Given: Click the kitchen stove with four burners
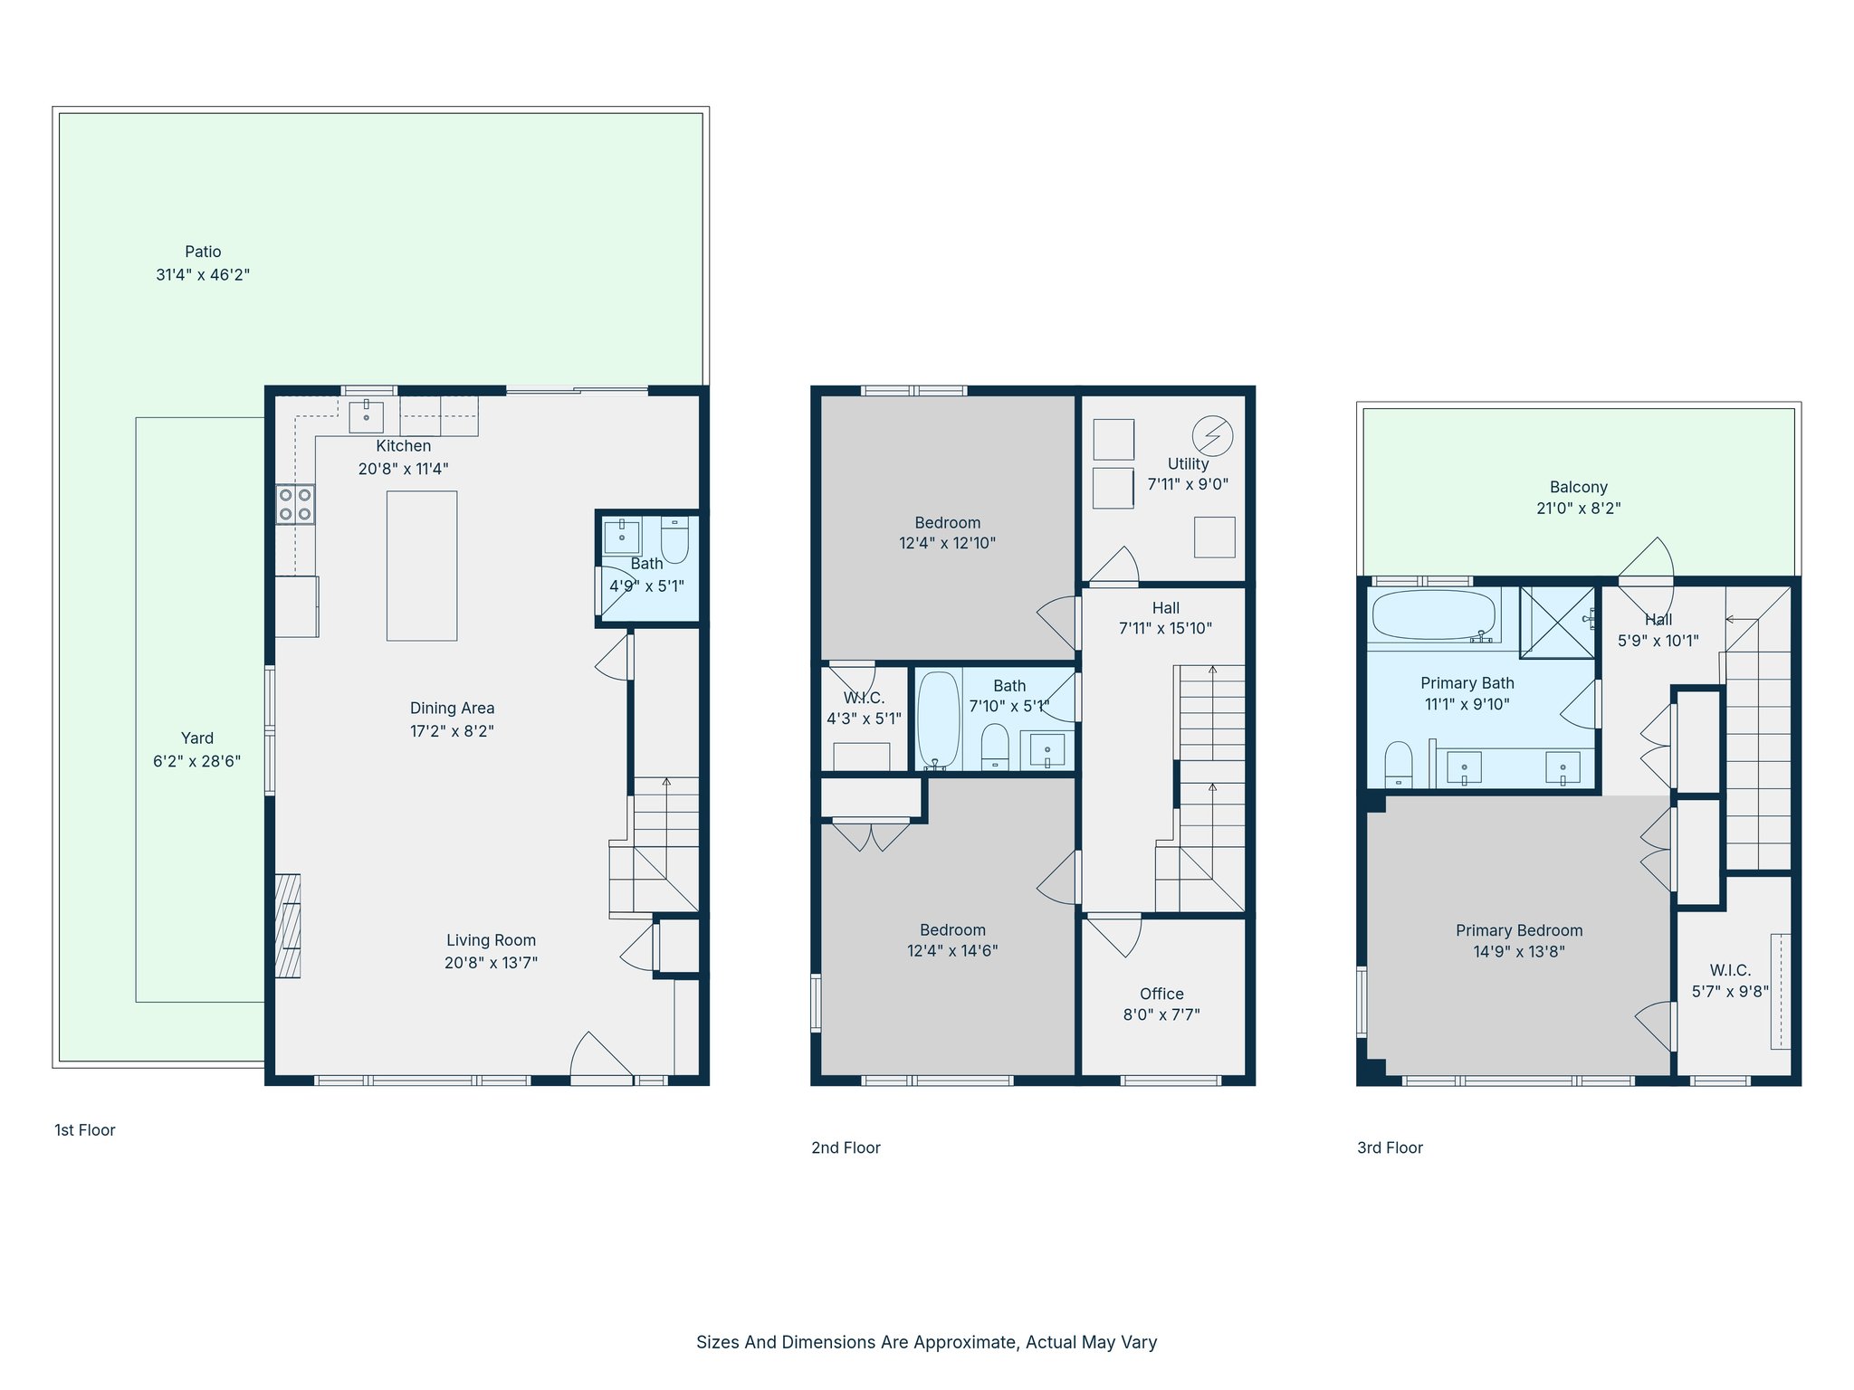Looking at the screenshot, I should point(295,505).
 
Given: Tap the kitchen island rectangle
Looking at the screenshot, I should point(422,566).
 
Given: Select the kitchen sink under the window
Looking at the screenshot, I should point(366,417).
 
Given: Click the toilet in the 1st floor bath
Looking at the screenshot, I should point(674,540).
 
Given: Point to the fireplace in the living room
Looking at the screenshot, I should point(288,926).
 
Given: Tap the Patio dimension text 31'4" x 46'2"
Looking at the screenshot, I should point(203,274).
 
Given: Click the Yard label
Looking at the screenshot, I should point(197,738).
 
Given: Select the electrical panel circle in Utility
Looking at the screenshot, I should point(1212,435).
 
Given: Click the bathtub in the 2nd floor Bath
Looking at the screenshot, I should point(939,720).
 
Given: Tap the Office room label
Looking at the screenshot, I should point(1161,994).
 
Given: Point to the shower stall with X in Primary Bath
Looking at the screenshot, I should point(1557,622).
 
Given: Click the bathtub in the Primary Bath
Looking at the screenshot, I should point(1433,615).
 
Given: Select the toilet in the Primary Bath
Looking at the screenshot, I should point(1399,764).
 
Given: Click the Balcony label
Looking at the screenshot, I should point(1578,487).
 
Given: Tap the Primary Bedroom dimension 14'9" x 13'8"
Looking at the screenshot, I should point(1519,951).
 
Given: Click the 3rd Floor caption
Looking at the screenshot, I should point(1390,1147).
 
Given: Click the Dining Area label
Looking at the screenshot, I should point(452,708).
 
